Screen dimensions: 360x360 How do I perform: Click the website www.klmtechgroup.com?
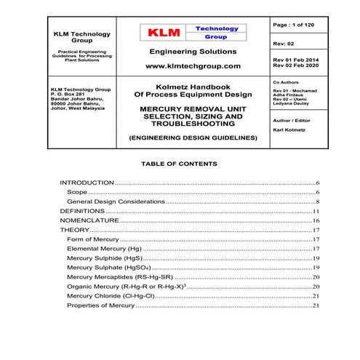[x=193, y=65]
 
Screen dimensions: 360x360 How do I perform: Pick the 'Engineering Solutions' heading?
[x=193, y=52]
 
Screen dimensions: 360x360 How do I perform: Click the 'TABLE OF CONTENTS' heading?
[x=179, y=164]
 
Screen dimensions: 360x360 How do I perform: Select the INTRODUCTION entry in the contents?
[x=87, y=183]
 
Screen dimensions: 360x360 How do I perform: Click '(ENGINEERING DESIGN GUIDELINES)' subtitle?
[x=193, y=137]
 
